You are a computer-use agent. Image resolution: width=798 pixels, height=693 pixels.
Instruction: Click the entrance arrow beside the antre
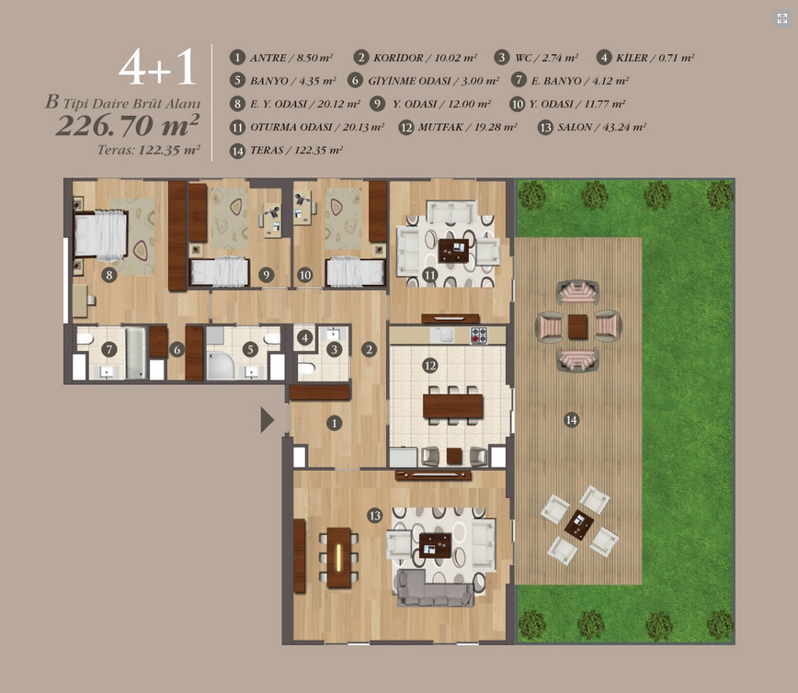pyautogui.click(x=267, y=420)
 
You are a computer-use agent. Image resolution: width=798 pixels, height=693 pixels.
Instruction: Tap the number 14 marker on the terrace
pyautogui.click(x=572, y=420)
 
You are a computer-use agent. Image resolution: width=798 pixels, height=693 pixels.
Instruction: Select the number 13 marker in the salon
pyautogui.click(x=375, y=516)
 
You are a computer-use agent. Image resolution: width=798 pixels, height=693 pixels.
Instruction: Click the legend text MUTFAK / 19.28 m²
pyautogui.click(x=467, y=127)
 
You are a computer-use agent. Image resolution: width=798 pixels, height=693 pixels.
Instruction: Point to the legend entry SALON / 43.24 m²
pyautogui.click(x=601, y=127)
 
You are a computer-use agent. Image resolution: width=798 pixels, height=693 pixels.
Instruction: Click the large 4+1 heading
pyautogui.click(x=157, y=67)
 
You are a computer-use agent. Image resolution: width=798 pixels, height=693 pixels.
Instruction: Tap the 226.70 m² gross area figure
pyautogui.click(x=127, y=125)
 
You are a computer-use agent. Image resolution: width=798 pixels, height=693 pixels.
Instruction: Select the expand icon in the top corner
pyautogui.click(x=782, y=18)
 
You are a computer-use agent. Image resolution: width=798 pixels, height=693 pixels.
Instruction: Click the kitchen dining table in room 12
pyautogui.click(x=453, y=405)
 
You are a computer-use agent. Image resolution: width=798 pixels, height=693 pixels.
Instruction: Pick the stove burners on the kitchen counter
pyautogui.click(x=479, y=335)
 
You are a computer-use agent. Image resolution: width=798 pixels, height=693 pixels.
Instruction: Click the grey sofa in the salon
pyautogui.click(x=435, y=587)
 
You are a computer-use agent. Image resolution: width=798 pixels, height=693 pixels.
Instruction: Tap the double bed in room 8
pyautogui.click(x=100, y=234)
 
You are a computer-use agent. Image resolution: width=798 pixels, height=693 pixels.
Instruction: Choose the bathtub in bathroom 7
pyautogui.click(x=136, y=353)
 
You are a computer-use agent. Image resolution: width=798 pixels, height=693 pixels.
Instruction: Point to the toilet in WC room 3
pyautogui.click(x=306, y=368)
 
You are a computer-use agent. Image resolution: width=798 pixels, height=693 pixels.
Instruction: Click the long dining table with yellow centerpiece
pyautogui.click(x=339, y=558)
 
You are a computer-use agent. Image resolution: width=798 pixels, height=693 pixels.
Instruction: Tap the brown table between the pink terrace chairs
pyautogui.click(x=577, y=326)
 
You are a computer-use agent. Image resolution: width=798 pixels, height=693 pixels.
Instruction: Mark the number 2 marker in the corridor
pyautogui.click(x=369, y=349)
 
